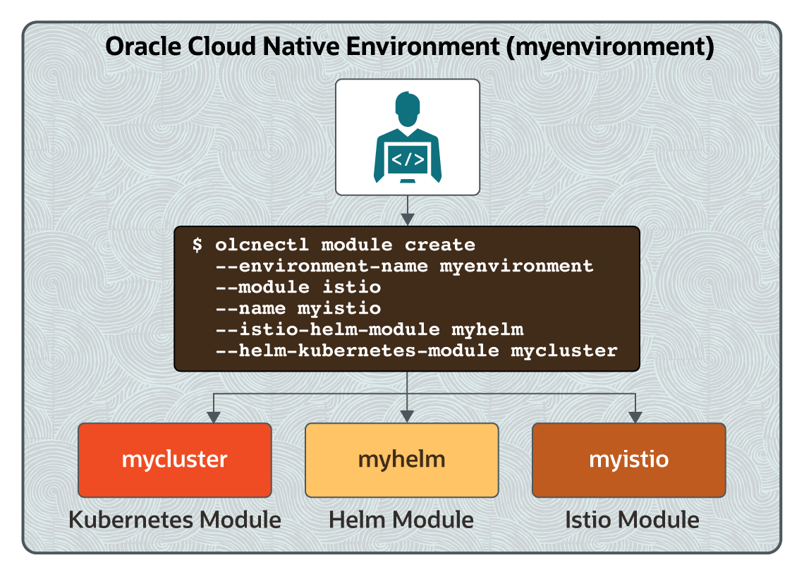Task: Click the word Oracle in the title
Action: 143,46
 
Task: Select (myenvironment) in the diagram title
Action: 610,47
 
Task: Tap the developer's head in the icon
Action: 408,109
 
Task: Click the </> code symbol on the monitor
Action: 408,159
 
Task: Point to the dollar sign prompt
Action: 197,245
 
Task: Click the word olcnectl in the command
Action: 262,245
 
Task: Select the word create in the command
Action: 440,245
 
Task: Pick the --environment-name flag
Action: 322,266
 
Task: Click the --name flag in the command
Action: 250,308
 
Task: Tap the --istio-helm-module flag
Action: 328,329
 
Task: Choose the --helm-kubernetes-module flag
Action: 357,350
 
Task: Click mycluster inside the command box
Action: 564,351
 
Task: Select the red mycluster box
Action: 175,460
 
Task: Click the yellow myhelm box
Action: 402,460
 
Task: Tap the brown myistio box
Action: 628,460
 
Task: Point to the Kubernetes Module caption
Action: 175,520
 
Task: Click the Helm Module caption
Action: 401,520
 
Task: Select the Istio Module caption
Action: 632,520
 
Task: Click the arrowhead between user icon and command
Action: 408,219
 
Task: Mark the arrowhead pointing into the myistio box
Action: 635,417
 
